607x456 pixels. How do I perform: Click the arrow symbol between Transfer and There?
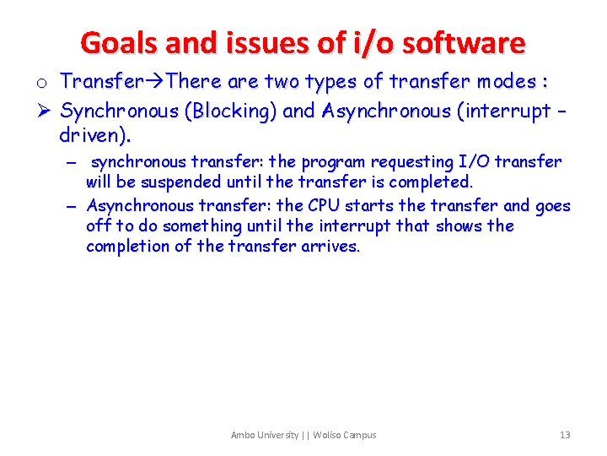pyautogui.click(x=156, y=82)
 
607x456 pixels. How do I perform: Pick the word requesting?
pyautogui.click(x=410, y=162)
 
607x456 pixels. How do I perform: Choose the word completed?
pyautogui.click(x=431, y=182)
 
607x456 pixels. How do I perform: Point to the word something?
pyautogui.click(x=201, y=225)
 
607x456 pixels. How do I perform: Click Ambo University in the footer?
pyautogui.click(x=265, y=435)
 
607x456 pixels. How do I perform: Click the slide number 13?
pyautogui.click(x=565, y=435)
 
